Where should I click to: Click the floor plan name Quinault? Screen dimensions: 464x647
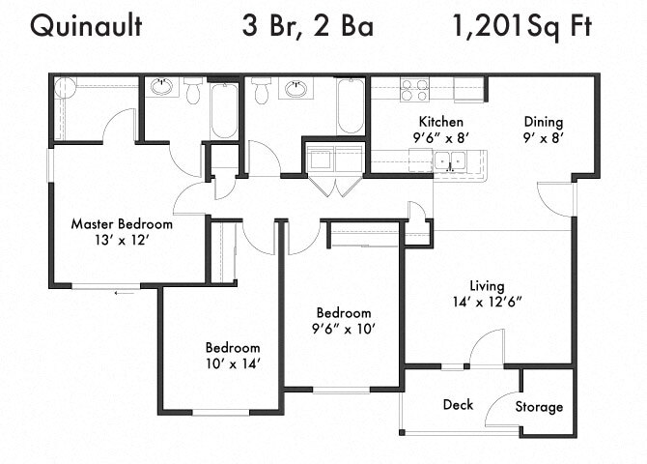pyautogui.click(x=86, y=26)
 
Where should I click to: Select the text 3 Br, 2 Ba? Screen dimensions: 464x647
pyautogui.click(x=308, y=26)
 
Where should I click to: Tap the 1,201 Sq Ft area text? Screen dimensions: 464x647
pyautogui.click(x=521, y=26)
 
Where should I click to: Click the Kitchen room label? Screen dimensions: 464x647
pyautogui.click(x=440, y=122)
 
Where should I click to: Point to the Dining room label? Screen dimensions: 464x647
pyautogui.click(x=543, y=122)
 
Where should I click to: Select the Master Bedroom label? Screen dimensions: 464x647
pyautogui.click(x=122, y=223)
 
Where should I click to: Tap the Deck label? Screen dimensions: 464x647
pyautogui.click(x=458, y=404)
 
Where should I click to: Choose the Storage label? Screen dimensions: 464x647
pyautogui.click(x=538, y=407)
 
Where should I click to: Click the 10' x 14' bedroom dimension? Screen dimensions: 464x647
pyautogui.click(x=232, y=363)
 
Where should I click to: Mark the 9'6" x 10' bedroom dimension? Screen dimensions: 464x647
pyautogui.click(x=344, y=329)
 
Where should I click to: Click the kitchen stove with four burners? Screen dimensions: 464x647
pyautogui.click(x=414, y=90)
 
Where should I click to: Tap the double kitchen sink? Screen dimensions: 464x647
pyautogui.click(x=446, y=161)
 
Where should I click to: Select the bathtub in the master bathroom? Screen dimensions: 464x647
pyautogui.click(x=223, y=111)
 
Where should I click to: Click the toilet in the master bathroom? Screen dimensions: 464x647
pyautogui.click(x=192, y=91)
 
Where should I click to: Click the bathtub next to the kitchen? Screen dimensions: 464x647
pyautogui.click(x=351, y=106)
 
